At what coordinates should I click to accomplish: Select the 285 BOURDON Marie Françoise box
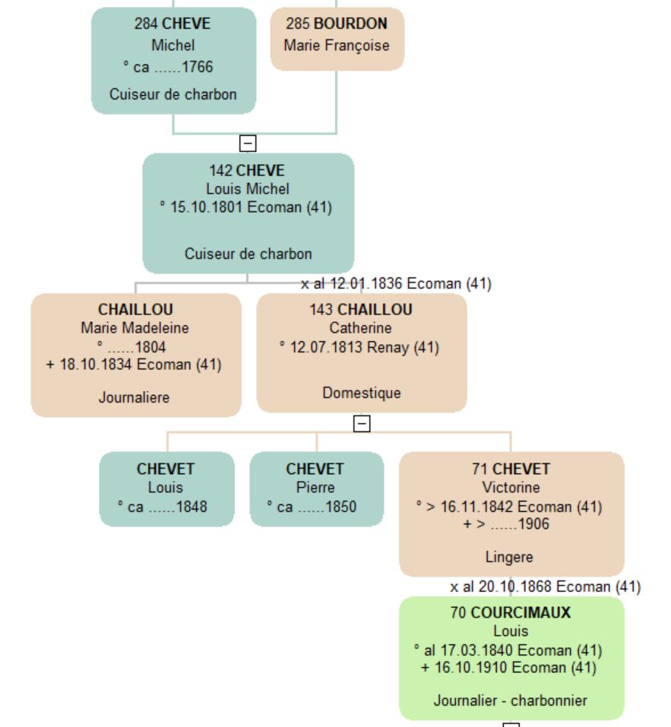coord(337,39)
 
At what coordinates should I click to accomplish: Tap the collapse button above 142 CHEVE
coord(248,143)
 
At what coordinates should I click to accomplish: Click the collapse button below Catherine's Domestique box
coord(362,423)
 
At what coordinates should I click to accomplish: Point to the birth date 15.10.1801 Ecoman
coord(248,207)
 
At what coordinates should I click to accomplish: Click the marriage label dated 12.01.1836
coord(396,284)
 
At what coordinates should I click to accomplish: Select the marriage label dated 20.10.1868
coord(545,586)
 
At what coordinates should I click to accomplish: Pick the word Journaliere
coord(135,397)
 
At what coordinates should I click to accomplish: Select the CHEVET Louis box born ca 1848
coord(166,488)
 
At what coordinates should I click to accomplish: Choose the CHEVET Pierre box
coord(315,488)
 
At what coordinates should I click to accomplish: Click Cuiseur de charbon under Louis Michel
coord(248,254)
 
